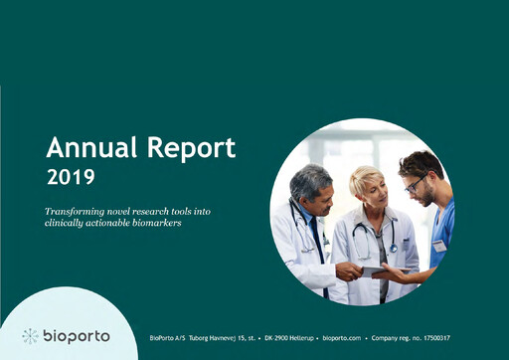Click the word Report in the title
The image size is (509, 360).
(x=186, y=149)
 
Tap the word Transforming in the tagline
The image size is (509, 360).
(x=77, y=212)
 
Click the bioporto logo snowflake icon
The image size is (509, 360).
(x=31, y=336)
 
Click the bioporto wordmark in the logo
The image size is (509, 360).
(x=77, y=336)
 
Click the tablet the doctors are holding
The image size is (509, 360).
(x=372, y=270)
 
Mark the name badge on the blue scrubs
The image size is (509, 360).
(x=438, y=245)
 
